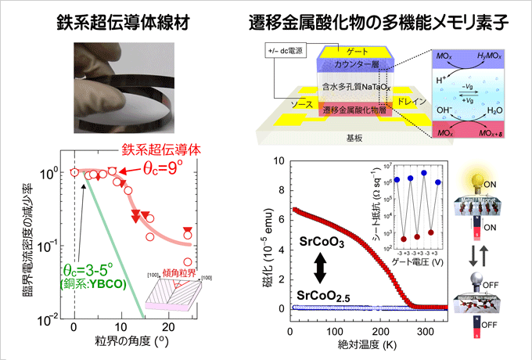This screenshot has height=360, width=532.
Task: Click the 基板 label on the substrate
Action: [x=356, y=135]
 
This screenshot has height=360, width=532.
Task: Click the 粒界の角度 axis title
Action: [x=118, y=343]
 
